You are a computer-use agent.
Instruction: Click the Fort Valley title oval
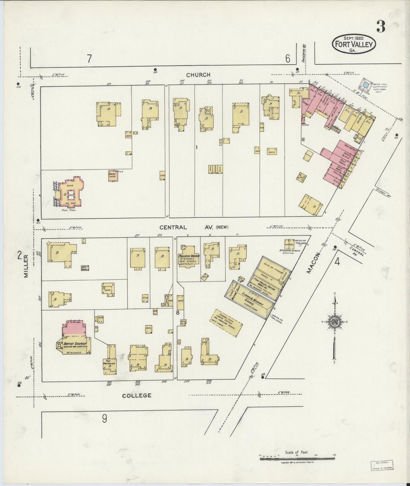pyautogui.click(x=354, y=44)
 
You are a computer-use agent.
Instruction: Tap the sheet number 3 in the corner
pyautogui.click(x=381, y=26)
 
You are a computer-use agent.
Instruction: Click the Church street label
pyautogui.click(x=198, y=75)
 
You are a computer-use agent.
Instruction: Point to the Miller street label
pyautogui.click(x=26, y=266)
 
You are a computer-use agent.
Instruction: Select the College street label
pyautogui.click(x=137, y=395)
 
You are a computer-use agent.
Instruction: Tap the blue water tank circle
pyautogui.click(x=366, y=84)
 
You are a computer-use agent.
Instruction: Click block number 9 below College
pyautogui.click(x=104, y=419)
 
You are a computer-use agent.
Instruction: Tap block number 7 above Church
pyautogui.click(x=89, y=59)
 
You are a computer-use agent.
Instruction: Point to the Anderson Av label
pyautogui.click(x=304, y=55)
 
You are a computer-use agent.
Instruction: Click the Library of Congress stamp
pyautogui.click(x=382, y=465)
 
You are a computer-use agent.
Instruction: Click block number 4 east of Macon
pyautogui.click(x=337, y=261)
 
